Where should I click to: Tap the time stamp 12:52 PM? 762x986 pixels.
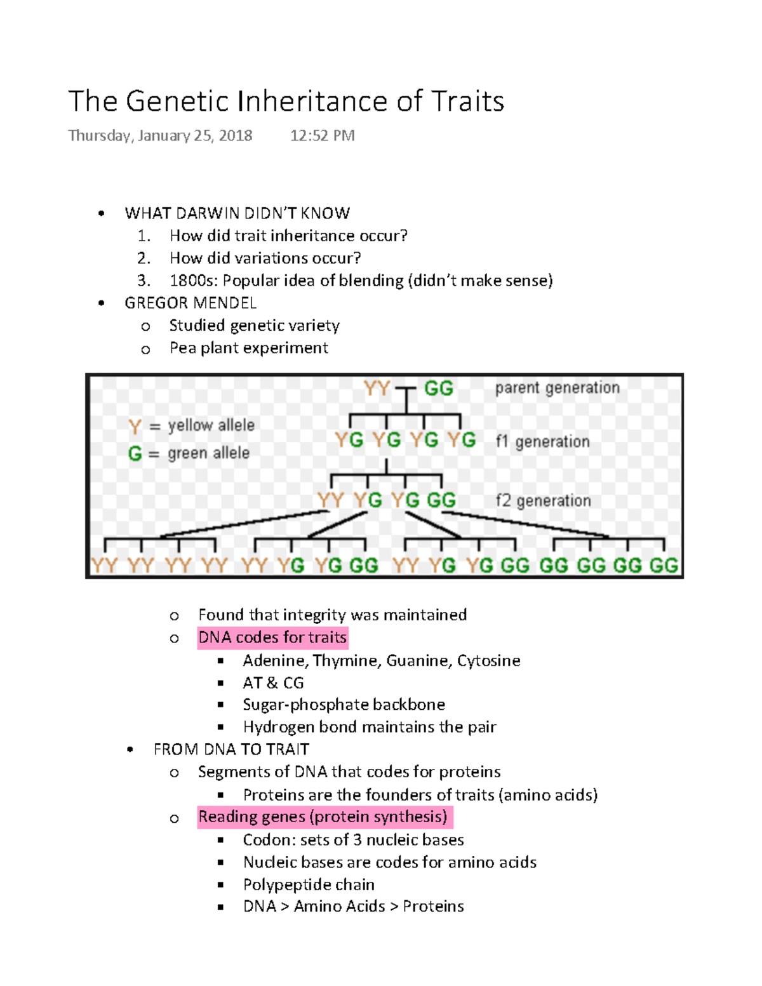point(322,136)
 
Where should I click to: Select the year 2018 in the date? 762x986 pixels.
point(235,136)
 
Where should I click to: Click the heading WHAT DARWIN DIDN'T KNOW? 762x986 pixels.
point(237,213)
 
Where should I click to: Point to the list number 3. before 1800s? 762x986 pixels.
point(144,281)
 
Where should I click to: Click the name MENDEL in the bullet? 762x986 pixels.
point(226,303)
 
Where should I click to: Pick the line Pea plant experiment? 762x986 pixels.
point(248,348)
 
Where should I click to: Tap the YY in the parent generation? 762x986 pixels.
point(377,388)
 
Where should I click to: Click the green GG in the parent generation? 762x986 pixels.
point(438,388)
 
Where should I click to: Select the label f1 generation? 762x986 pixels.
point(542,441)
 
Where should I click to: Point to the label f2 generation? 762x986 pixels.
point(543,501)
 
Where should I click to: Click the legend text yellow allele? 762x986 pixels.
point(211,425)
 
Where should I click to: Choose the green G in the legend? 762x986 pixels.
point(135,453)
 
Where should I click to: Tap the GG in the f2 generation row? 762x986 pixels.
point(441,500)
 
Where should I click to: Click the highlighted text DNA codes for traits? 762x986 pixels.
point(272,637)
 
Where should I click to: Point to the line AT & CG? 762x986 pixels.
point(273,683)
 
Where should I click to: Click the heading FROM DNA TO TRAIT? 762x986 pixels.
point(231,750)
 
